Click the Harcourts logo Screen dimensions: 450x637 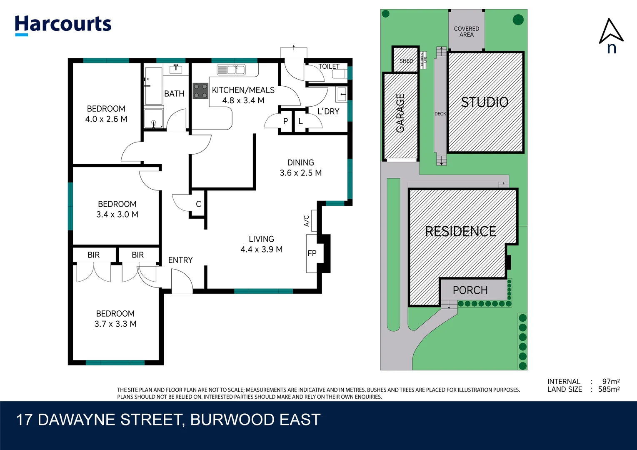[x=63, y=25]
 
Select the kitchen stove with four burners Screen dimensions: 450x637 [x=200, y=91]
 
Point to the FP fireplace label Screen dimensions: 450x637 [x=312, y=253]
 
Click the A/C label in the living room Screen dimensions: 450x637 [x=307, y=221]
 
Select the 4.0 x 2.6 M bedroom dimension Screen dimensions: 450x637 [x=106, y=119]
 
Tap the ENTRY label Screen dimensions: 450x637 [x=180, y=260]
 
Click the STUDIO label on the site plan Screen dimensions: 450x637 [x=485, y=102]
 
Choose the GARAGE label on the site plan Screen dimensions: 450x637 [x=400, y=113]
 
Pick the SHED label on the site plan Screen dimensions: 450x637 [x=406, y=61]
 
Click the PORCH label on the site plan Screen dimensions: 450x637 [x=470, y=290]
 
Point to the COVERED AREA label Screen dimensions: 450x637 [x=466, y=32]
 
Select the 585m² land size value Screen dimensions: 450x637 [x=609, y=389]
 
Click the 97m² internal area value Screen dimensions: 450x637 [x=611, y=381]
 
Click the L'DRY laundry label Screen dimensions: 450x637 [x=328, y=111]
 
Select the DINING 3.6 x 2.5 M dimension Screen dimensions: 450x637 [x=300, y=173]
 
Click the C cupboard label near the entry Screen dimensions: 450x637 [x=198, y=204]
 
